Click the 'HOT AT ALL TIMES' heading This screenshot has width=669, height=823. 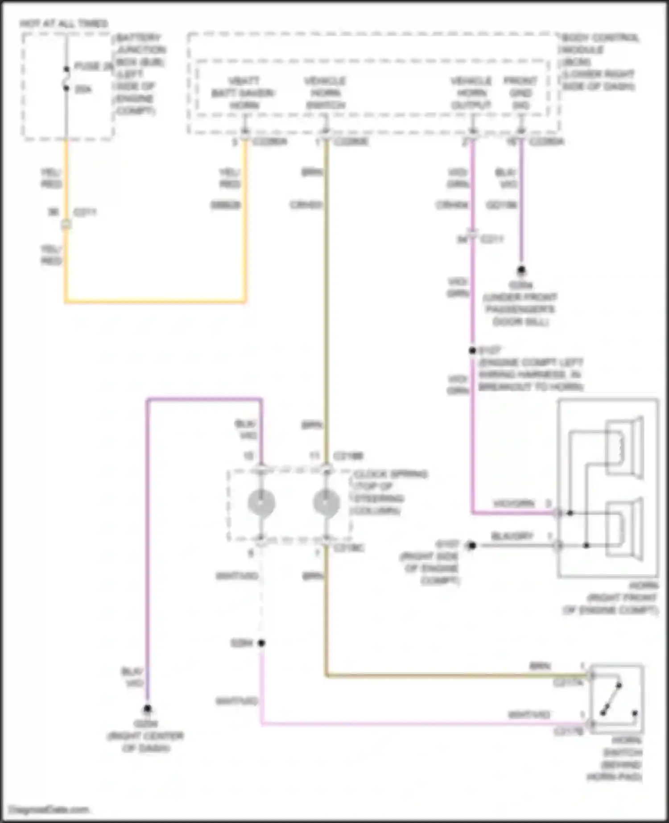click(x=64, y=23)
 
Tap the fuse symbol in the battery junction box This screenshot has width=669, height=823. click(x=66, y=78)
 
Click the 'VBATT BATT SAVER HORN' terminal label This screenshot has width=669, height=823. click(x=244, y=93)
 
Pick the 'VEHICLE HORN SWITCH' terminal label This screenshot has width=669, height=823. click(x=325, y=93)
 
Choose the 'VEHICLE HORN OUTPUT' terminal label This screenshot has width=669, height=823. click(x=471, y=93)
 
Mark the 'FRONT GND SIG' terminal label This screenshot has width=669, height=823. click(x=520, y=93)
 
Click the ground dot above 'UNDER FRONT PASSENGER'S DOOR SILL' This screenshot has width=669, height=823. click(x=521, y=270)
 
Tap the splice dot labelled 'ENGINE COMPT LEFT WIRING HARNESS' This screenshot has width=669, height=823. click(x=472, y=351)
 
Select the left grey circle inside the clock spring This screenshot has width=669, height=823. click(x=261, y=503)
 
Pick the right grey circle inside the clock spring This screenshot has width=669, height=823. click(x=326, y=503)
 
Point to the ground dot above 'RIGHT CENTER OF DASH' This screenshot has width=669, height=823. click(x=147, y=708)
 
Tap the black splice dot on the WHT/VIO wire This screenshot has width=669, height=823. click(x=261, y=643)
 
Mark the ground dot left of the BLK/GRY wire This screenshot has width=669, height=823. click(x=472, y=545)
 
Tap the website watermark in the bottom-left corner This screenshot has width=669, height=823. click(x=49, y=809)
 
